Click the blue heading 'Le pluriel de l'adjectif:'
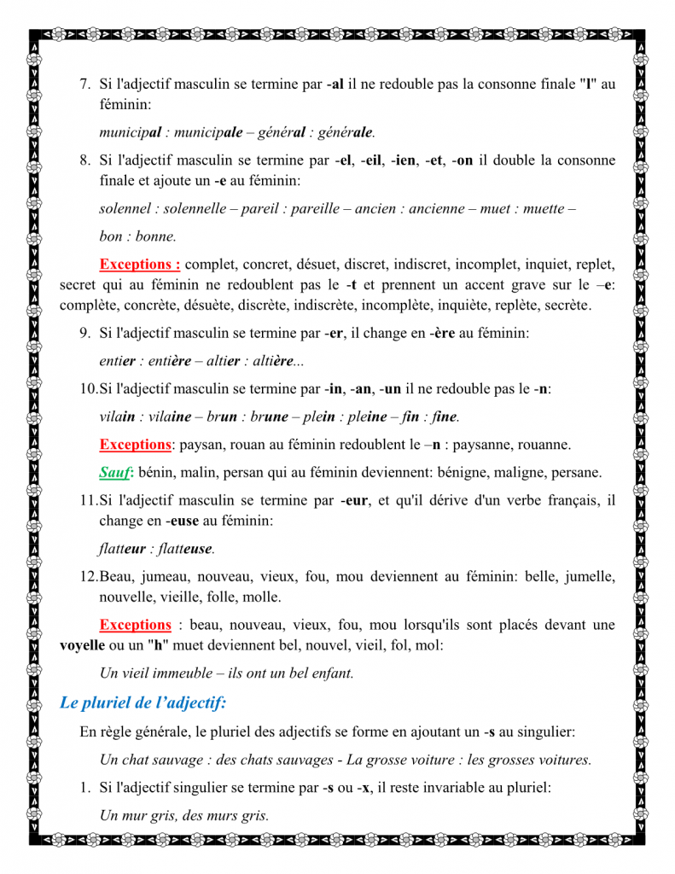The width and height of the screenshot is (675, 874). [143, 702]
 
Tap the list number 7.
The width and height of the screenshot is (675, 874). [84, 84]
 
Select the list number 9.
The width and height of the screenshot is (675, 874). [84, 333]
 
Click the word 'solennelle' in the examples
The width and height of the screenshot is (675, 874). [195, 208]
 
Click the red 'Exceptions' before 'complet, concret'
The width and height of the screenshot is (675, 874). [139, 264]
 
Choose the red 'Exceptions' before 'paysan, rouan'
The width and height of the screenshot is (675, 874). [135, 445]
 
